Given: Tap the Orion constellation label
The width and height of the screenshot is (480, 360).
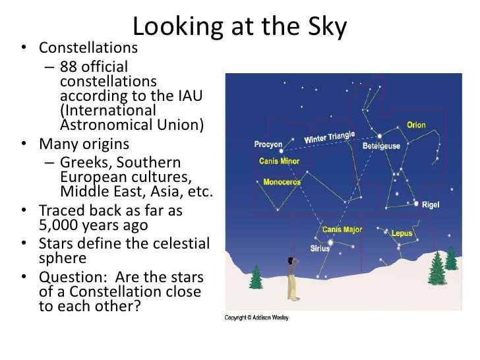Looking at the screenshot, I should pos(416,125).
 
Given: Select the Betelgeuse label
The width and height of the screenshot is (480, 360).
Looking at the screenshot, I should pos(381,146).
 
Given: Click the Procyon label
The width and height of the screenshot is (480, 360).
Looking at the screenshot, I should pos(268,144).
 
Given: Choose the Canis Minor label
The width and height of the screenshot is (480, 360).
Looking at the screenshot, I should pos(280,161).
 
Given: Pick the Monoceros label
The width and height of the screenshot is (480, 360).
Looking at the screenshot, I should pos(282,182).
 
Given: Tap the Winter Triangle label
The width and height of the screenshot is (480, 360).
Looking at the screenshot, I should pos(329,138).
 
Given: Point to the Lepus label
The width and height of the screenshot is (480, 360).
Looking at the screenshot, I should pos(402,233).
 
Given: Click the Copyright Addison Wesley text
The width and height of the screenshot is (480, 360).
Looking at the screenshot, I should pos(256,318).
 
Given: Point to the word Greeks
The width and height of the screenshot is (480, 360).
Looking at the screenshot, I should pos(82,162).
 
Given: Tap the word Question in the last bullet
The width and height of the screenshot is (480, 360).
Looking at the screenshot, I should pos(69,276).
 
